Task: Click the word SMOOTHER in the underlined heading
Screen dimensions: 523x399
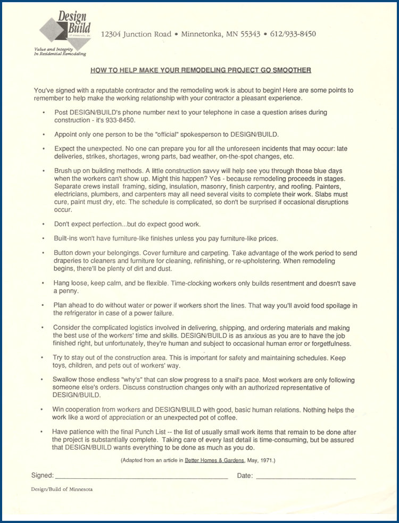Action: pos(292,70)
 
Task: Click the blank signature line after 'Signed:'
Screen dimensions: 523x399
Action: pos(141,476)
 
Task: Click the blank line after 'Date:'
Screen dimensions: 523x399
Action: pos(305,476)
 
